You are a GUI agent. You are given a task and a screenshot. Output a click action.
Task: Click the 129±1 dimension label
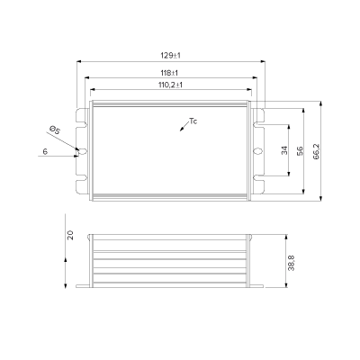point(170,56)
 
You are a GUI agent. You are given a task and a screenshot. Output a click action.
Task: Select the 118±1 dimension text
point(169,73)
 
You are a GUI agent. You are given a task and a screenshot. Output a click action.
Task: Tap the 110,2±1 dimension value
point(170,85)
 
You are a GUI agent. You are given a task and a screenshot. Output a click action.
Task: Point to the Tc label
point(193,121)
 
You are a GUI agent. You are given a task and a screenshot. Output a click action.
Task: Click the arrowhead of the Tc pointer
point(181,130)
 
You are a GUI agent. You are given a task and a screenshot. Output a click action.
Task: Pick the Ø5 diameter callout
point(55,130)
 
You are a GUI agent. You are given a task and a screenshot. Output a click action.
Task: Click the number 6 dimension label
point(45,151)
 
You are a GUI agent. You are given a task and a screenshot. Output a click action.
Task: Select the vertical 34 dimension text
point(284,150)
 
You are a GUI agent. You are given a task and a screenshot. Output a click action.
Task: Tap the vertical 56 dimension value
point(300,151)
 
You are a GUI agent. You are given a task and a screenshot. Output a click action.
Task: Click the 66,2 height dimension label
point(317,151)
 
